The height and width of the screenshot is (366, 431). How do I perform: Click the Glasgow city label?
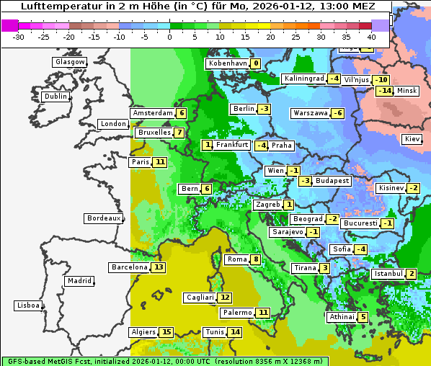pos(69,62)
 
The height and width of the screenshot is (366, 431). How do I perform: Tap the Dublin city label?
pos(55,97)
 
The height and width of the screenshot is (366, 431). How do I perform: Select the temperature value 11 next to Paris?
pos(159,162)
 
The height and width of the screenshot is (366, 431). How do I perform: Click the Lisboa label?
pos(28,305)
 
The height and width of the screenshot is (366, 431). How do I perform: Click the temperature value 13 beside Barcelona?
pos(159,267)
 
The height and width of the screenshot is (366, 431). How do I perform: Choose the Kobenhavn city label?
pos(227,63)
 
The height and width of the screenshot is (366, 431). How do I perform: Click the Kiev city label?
pos(412,139)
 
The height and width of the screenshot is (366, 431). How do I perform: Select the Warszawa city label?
pos(310,113)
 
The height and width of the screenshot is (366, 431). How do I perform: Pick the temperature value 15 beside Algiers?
pos(166,332)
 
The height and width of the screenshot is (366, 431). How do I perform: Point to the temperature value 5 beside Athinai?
pos(363,317)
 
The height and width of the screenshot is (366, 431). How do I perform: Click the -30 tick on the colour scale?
pos(19,37)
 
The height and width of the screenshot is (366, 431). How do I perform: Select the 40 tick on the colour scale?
pos(371,37)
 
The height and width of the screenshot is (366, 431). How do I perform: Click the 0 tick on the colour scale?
pos(169,37)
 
